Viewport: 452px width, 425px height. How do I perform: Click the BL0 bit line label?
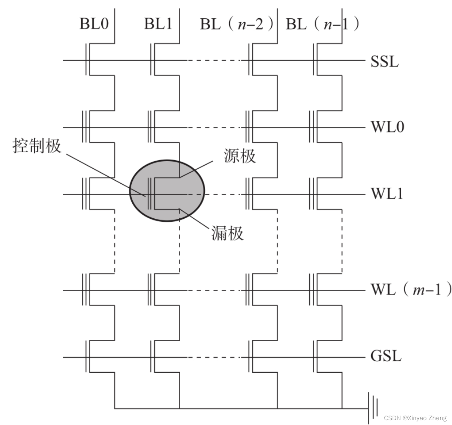click(94, 24)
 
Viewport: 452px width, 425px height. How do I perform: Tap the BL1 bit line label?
click(158, 24)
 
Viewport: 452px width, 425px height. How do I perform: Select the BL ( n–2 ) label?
click(236, 25)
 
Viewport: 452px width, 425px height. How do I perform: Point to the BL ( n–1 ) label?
click(322, 25)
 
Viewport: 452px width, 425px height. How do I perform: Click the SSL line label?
click(384, 61)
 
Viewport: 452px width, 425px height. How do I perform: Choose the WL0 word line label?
click(387, 127)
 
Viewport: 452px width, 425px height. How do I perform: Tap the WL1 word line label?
click(387, 194)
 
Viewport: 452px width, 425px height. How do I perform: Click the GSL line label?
click(386, 356)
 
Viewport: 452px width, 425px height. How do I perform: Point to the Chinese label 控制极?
click(37, 146)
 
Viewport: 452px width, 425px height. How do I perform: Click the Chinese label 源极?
click(240, 156)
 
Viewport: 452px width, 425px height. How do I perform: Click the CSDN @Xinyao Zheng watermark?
click(415, 418)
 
